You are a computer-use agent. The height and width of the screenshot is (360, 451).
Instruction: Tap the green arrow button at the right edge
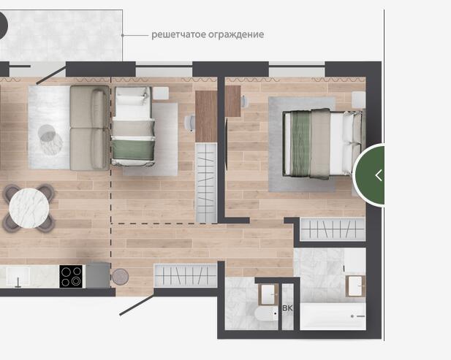[x=369, y=175]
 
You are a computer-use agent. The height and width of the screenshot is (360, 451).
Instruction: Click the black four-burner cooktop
[x=71, y=276]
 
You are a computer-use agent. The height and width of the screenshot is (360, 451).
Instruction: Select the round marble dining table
[x=29, y=208]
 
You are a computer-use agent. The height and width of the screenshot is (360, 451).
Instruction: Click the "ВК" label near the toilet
[x=287, y=308]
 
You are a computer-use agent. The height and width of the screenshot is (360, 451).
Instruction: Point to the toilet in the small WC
[x=266, y=314]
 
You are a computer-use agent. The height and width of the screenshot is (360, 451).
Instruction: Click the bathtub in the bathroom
[x=333, y=316]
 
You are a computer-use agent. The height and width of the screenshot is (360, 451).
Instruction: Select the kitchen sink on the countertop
[x=18, y=276]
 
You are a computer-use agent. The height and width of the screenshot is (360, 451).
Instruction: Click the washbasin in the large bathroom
[x=355, y=286]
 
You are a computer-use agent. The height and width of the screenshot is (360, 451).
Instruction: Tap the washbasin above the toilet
[x=268, y=294]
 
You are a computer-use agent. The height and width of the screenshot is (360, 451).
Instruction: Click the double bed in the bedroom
[x=322, y=144]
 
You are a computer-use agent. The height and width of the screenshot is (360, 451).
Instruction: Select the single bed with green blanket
[x=133, y=126]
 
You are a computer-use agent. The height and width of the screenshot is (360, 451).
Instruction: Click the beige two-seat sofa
[x=90, y=128]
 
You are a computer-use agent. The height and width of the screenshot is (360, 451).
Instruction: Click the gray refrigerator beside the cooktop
[x=98, y=275]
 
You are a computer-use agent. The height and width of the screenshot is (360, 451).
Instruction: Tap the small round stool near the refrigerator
[x=120, y=277]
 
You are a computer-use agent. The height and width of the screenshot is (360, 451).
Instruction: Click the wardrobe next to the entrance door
[x=186, y=275]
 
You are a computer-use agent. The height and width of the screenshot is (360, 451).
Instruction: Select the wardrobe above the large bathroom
[x=333, y=229]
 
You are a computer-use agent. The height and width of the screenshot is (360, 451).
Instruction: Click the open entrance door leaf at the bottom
[x=137, y=305]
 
